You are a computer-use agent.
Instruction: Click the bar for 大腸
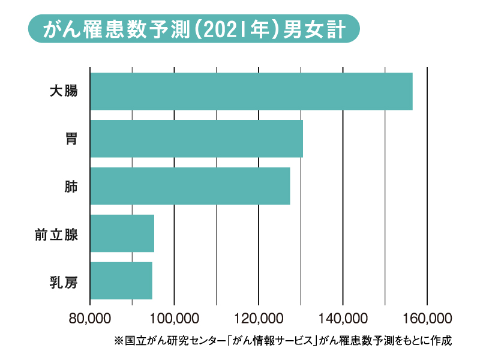pyautogui.click(x=251, y=91)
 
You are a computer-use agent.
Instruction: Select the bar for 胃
pyautogui.click(x=196, y=139)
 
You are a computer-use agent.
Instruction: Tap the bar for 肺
pyautogui.click(x=190, y=186)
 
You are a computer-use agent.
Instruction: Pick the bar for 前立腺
pyautogui.click(x=122, y=233)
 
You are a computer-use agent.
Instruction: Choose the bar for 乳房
pyautogui.click(x=121, y=281)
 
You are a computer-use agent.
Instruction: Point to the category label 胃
pyautogui.click(x=71, y=139)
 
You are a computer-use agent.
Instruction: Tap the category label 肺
pyautogui.click(x=71, y=186)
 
